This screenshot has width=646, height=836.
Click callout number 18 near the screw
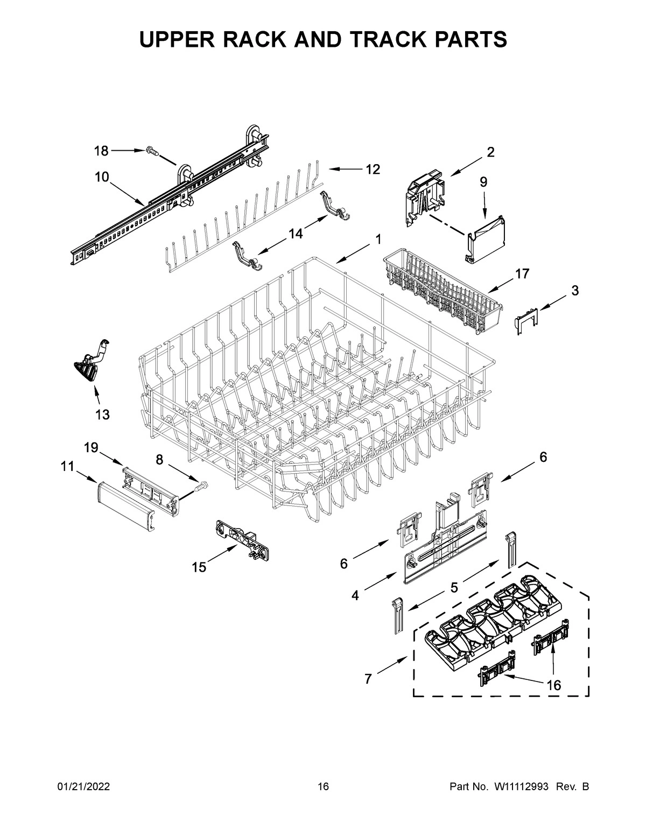pyautogui.click(x=101, y=151)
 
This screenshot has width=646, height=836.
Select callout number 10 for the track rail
pyautogui.click(x=102, y=177)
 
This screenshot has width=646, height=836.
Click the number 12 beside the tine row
pyautogui.click(x=373, y=170)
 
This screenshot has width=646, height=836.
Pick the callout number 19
pyautogui.click(x=91, y=447)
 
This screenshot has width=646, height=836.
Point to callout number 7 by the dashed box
pyautogui.click(x=368, y=679)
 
